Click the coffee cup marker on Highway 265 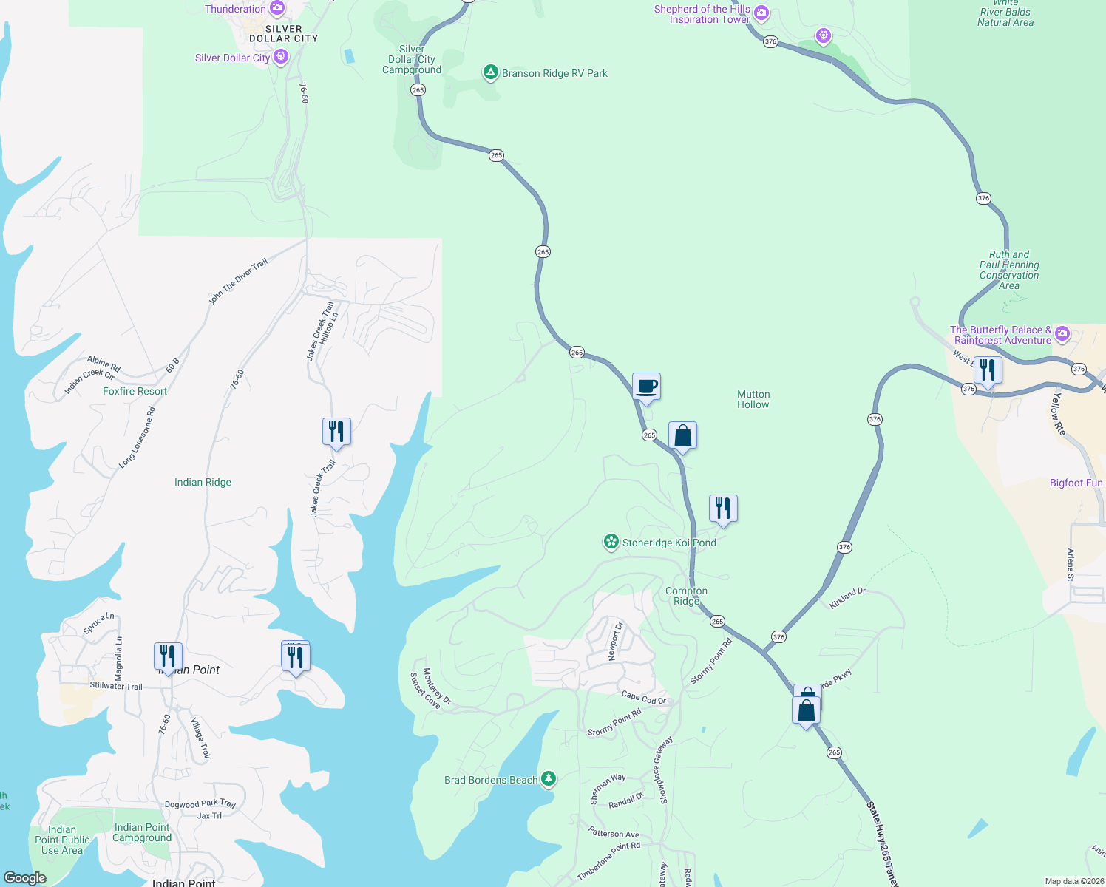[x=646, y=387]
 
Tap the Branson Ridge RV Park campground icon [x=490, y=72]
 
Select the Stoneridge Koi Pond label [x=669, y=543]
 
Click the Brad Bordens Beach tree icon [x=548, y=778]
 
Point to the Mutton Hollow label [x=753, y=399]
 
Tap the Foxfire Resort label [x=135, y=391]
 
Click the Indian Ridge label [x=203, y=482]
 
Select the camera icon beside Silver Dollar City [x=280, y=57]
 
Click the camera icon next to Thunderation [x=276, y=9]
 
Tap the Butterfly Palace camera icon [x=1062, y=334]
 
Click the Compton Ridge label [x=686, y=596]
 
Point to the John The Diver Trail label [x=238, y=282]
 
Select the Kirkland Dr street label [x=847, y=598]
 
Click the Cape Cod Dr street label [x=644, y=698]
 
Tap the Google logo [x=24, y=877]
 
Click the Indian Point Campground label [x=142, y=832]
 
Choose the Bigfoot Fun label [x=1076, y=483]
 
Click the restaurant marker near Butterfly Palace [x=988, y=370]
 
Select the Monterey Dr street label [x=437, y=686]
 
